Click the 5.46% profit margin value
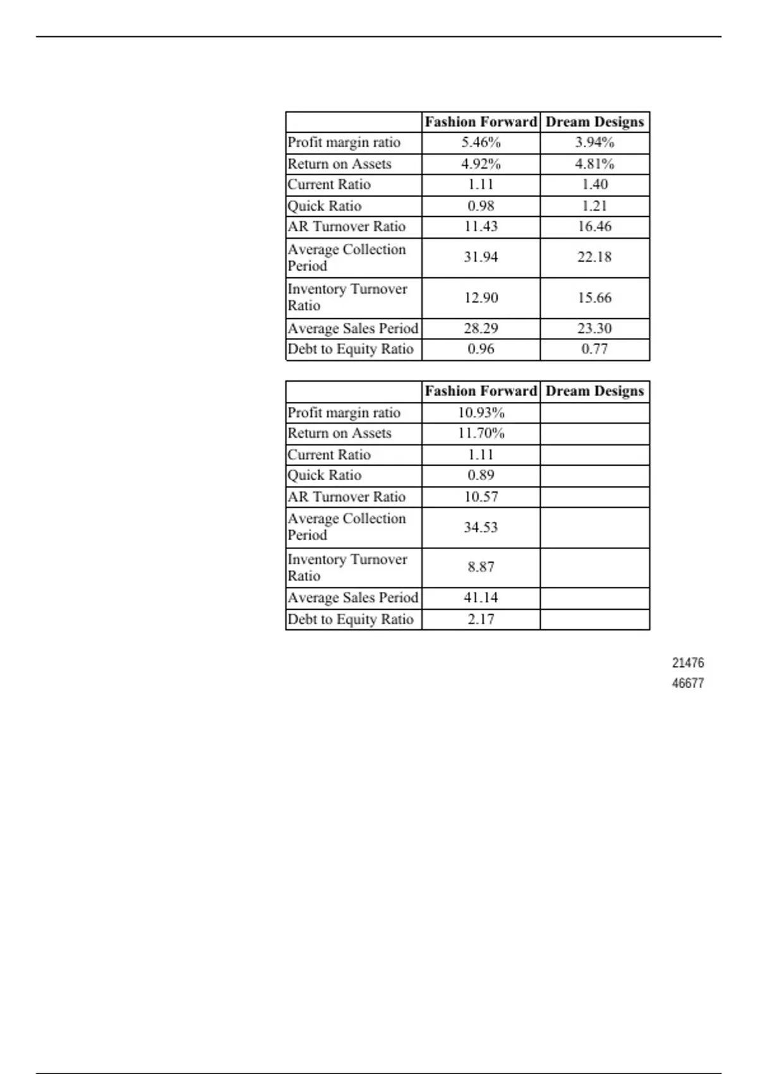[x=481, y=143]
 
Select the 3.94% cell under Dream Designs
[x=594, y=143]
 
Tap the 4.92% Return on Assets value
[x=481, y=164]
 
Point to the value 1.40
[x=594, y=184]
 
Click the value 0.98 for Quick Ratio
[x=481, y=206]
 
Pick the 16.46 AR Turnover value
[x=594, y=227]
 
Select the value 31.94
[x=481, y=257]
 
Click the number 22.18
[x=594, y=257]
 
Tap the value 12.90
[x=481, y=298]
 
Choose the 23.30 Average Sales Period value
[x=594, y=329]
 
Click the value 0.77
[x=594, y=349]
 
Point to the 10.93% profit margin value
[x=481, y=413]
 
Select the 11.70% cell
[x=481, y=433]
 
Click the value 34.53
[x=481, y=528]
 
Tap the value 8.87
[x=481, y=567]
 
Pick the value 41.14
[x=481, y=598]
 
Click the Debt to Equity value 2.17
[x=481, y=619]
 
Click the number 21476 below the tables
[x=688, y=663]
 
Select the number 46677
[x=688, y=684]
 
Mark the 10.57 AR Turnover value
[x=481, y=497]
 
